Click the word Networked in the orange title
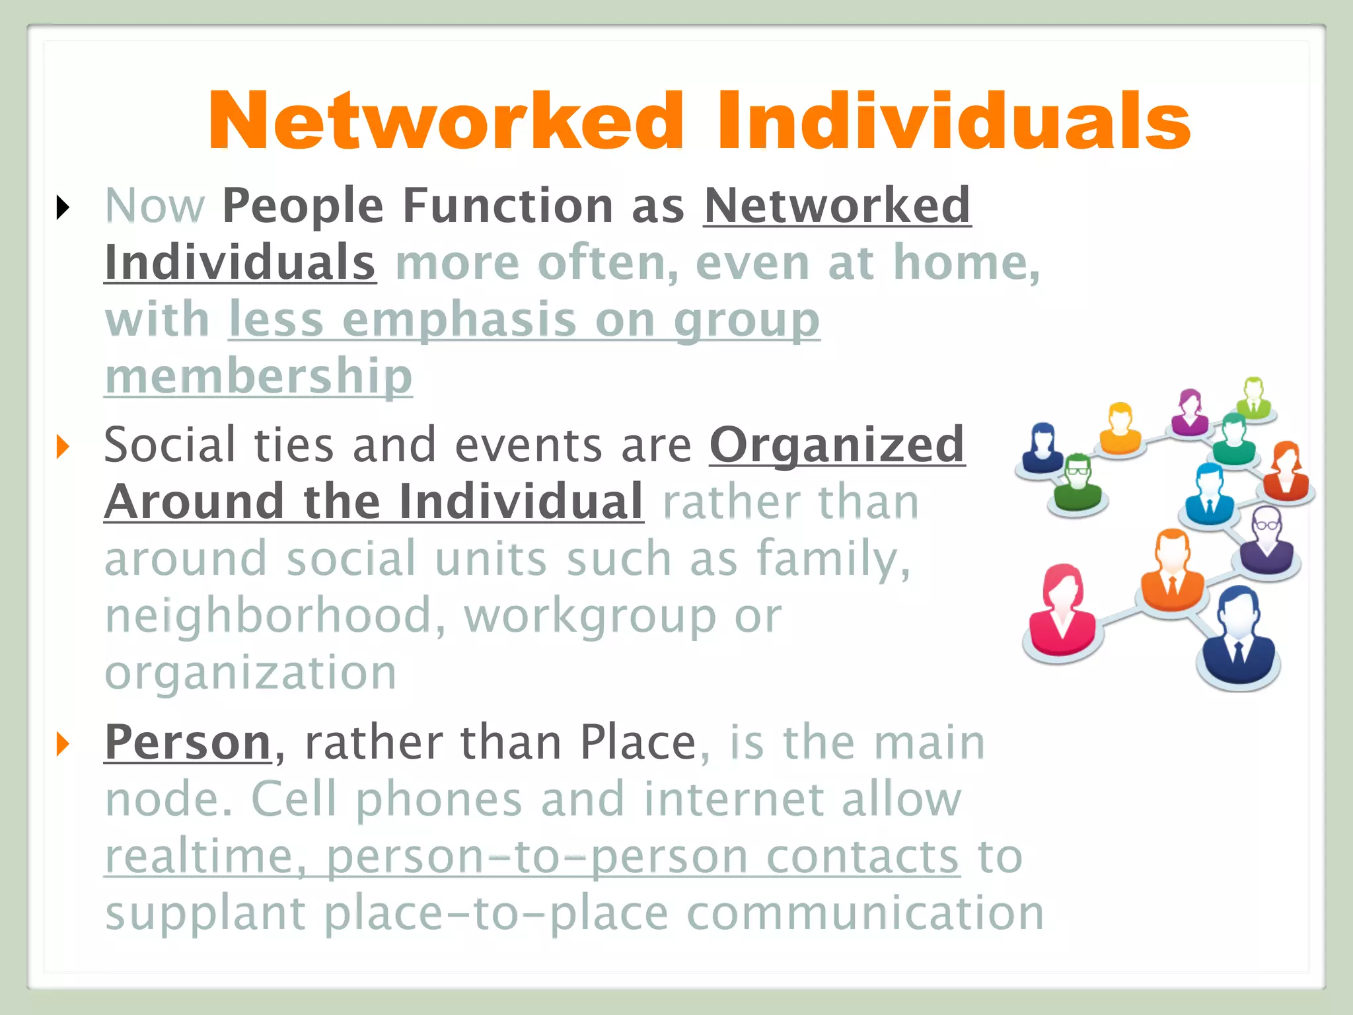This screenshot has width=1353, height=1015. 447,122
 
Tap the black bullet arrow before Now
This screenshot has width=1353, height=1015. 63,207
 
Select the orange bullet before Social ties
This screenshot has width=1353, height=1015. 63,447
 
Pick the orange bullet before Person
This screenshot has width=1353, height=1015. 63,744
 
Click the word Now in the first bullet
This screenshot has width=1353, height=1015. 155,206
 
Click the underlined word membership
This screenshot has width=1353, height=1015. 258,377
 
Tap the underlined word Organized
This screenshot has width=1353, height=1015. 837,445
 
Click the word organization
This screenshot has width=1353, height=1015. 251,673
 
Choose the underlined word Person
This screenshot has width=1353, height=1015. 188,743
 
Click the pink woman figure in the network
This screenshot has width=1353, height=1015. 1062,612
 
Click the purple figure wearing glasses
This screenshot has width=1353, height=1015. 1266,542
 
